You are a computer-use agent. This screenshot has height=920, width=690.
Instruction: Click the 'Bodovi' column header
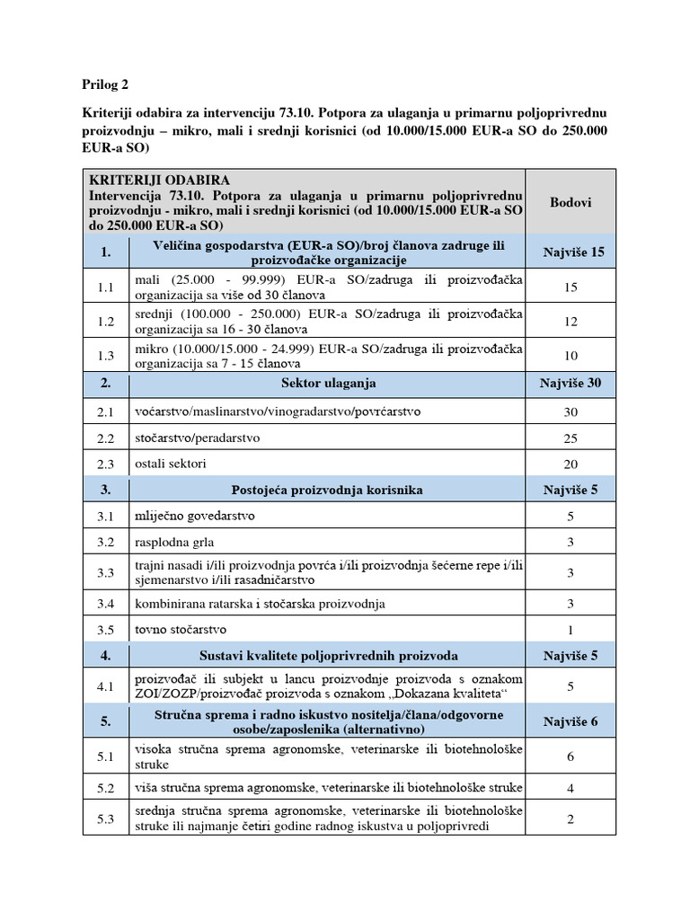[x=571, y=202]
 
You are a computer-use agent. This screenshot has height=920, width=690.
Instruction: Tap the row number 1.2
[x=106, y=321]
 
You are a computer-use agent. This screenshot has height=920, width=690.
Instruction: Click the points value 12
[x=571, y=321]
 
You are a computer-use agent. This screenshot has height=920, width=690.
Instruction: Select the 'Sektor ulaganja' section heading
[x=326, y=383]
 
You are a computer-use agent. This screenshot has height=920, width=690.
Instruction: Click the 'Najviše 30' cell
[x=571, y=383]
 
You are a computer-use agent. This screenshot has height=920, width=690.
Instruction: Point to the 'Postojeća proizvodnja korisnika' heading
[x=326, y=490]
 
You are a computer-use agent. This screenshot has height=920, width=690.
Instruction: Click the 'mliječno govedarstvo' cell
[x=191, y=517]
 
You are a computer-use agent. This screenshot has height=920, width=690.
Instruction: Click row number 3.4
[x=106, y=603]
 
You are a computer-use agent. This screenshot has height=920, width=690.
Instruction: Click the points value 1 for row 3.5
[x=571, y=630]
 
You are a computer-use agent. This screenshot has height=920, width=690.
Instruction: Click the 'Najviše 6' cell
[x=571, y=721]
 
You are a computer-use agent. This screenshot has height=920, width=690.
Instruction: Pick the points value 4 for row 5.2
[x=571, y=788]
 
